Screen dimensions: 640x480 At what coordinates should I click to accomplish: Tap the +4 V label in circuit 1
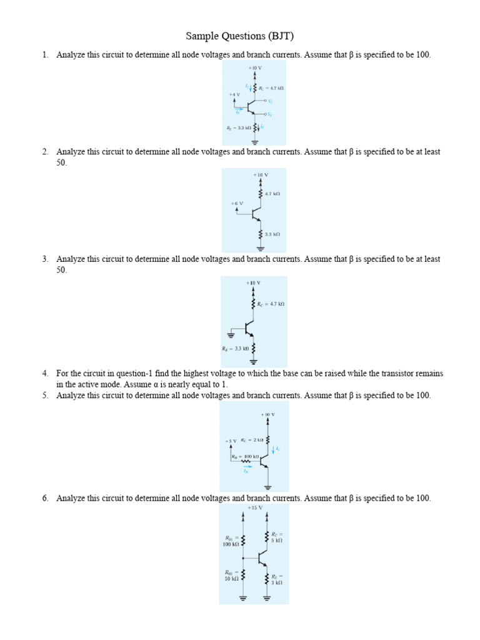(234, 94)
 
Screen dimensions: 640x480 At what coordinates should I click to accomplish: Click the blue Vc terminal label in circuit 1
(270, 101)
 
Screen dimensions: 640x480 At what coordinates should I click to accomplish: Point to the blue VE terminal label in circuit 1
(270, 114)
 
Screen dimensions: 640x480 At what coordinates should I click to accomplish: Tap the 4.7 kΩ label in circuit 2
(272, 194)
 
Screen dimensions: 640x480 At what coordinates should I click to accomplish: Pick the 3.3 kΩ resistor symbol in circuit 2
(261, 234)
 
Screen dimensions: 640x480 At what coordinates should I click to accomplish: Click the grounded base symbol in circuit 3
(234, 334)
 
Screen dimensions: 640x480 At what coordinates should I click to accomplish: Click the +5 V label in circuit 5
(231, 441)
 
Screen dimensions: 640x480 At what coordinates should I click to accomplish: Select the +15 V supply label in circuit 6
(254, 508)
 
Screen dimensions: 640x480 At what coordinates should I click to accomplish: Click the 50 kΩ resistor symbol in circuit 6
(242, 575)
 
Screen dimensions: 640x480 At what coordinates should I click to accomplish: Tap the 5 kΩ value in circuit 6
(277, 540)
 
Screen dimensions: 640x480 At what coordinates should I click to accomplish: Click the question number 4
(45, 373)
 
